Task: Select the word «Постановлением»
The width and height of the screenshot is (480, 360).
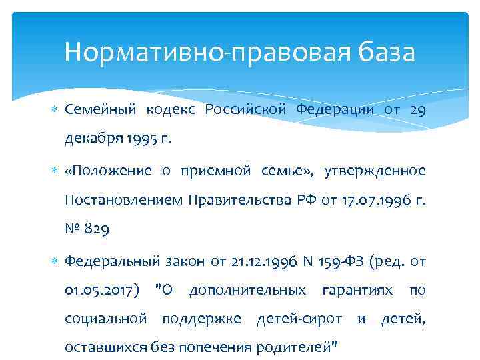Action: [123, 200]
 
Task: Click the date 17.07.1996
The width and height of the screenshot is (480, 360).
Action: [372, 200]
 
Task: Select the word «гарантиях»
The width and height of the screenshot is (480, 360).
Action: [360, 290]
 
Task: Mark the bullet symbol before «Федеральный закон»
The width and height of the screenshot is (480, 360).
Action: [55, 261]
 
